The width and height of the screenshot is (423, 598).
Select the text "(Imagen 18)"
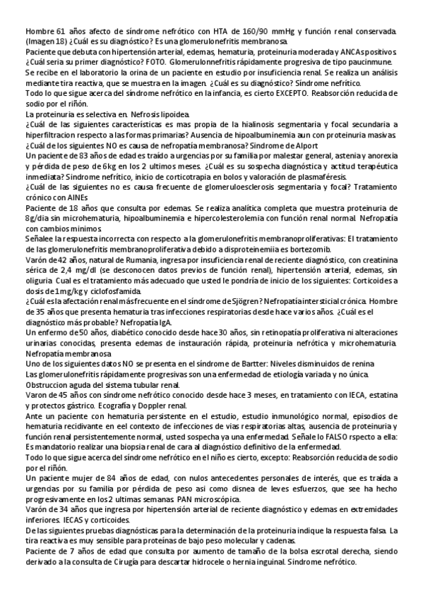[x=44, y=42]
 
